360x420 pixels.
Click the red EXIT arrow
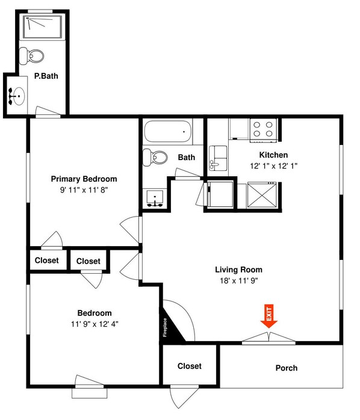(269, 317)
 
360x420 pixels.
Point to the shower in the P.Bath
(43, 28)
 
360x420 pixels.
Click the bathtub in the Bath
(168, 132)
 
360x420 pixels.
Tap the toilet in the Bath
(155, 158)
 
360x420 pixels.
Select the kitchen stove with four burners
(262, 129)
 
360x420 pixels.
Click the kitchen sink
(217, 158)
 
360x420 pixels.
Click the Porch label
(286, 368)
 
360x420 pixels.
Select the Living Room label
(239, 270)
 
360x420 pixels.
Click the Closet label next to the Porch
(189, 366)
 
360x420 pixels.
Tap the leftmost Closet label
(46, 261)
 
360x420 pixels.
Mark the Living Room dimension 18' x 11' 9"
(239, 280)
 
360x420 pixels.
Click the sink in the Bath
(156, 198)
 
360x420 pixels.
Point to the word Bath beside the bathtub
(187, 158)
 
